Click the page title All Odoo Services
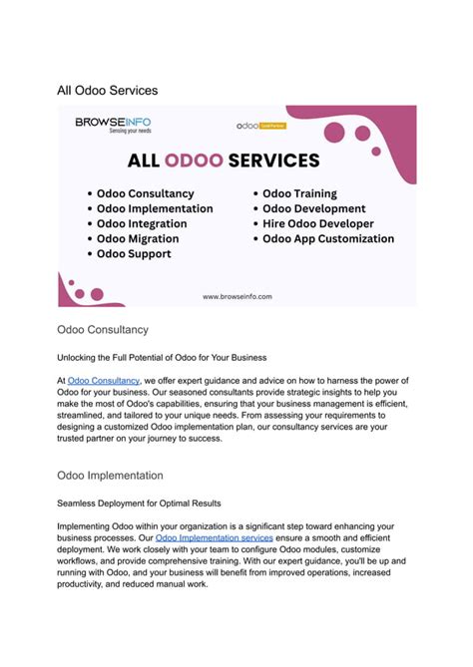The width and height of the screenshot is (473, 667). (x=107, y=91)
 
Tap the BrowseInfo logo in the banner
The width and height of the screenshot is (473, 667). (x=113, y=126)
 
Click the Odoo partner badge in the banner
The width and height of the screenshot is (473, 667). (x=260, y=127)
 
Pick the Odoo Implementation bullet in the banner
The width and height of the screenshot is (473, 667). (x=154, y=208)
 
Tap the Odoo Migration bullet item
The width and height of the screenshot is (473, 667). (x=138, y=238)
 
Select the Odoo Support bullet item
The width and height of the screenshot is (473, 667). (x=134, y=253)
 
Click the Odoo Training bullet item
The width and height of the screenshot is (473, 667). (x=299, y=193)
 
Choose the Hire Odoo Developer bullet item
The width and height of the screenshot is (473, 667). (x=318, y=223)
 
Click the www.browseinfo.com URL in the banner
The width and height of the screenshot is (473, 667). (x=236, y=296)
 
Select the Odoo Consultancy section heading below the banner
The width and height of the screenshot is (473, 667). (x=103, y=329)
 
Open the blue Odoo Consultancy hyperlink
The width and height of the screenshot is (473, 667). (x=105, y=381)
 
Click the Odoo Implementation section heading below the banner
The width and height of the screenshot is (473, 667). (x=110, y=476)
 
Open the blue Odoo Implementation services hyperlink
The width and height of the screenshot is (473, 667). (x=214, y=537)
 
